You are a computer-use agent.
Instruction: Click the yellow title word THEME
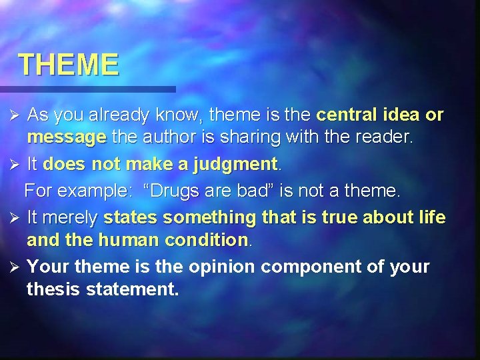click(69, 65)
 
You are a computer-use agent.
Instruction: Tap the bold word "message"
click(66, 139)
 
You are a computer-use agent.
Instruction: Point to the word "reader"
click(387, 138)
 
